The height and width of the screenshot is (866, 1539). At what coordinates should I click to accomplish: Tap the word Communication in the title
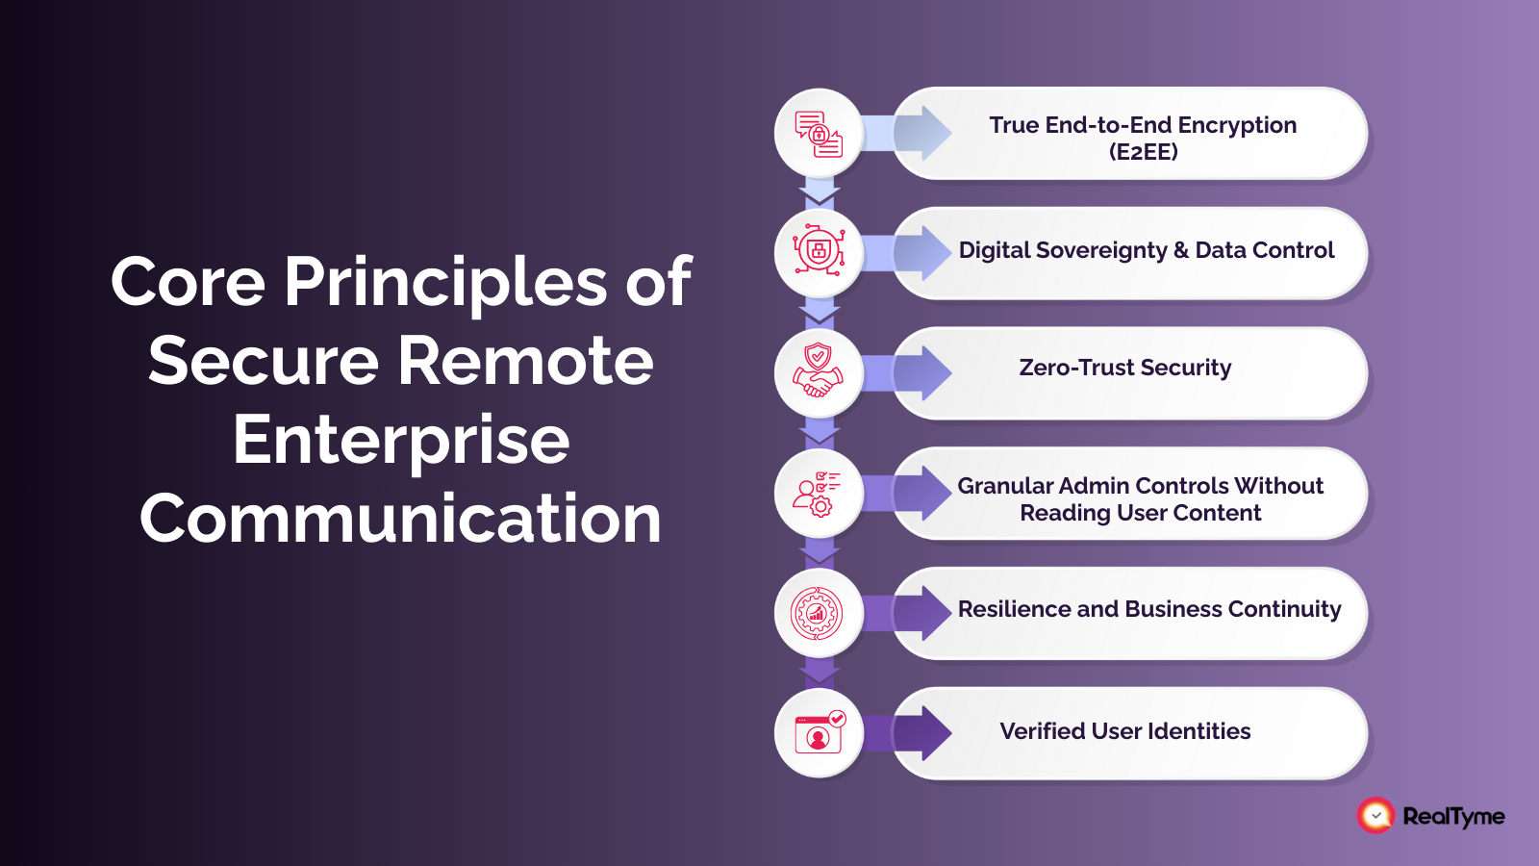(401, 519)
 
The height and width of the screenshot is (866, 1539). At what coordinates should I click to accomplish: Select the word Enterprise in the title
(401, 440)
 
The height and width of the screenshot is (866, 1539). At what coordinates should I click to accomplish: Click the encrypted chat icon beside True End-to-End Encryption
(819, 134)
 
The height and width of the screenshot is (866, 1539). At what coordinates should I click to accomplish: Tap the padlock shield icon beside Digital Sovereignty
(819, 253)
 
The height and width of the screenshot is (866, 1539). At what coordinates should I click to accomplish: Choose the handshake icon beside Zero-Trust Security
(819, 372)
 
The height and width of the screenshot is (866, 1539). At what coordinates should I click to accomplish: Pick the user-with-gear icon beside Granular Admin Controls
(819, 494)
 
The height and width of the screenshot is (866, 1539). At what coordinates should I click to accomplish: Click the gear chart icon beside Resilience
(817, 613)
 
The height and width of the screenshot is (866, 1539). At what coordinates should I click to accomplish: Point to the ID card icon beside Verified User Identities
(819, 733)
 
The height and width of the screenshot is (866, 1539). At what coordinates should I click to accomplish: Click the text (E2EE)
(1143, 152)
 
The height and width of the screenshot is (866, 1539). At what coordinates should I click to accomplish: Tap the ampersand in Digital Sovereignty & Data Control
(1181, 251)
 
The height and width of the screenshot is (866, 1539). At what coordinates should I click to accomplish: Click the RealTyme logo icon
(1375, 816)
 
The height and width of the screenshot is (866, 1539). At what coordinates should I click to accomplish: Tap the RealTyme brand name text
(1453, 817)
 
